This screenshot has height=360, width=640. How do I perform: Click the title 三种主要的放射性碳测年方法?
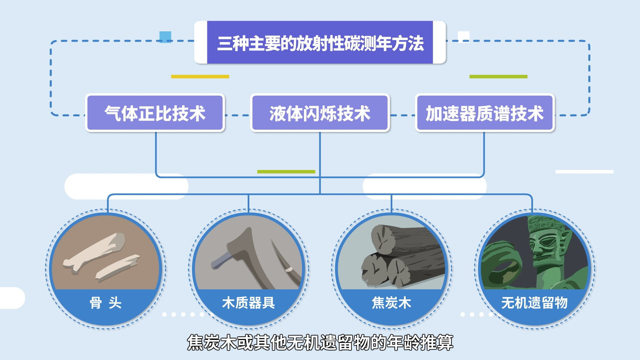tap(320, 43)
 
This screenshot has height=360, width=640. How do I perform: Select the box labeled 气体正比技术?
tap(155, 113)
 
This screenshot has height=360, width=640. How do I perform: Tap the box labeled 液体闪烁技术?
tap(320, 113)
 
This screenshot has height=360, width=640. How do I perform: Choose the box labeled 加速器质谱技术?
tap(485, 113)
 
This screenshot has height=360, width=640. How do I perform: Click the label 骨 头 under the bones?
tap(106, 303)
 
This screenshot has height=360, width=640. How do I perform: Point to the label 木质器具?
tap(249, 303)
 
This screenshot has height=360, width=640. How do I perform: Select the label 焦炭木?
tap(391, 303)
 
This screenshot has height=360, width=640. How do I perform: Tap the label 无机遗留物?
tap(534, 303)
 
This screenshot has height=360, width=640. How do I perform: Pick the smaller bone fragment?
tap(117, 267)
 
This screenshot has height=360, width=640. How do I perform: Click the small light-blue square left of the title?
tap(165, 37)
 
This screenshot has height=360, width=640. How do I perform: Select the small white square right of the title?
tap(464, 37)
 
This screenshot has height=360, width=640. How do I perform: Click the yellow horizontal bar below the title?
tap(200, 76)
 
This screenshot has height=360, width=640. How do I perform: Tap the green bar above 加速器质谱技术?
tap(498, 76)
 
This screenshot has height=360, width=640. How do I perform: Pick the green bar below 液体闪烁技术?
tap(286, 172)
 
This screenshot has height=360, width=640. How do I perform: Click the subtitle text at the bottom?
tap(320, 342)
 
